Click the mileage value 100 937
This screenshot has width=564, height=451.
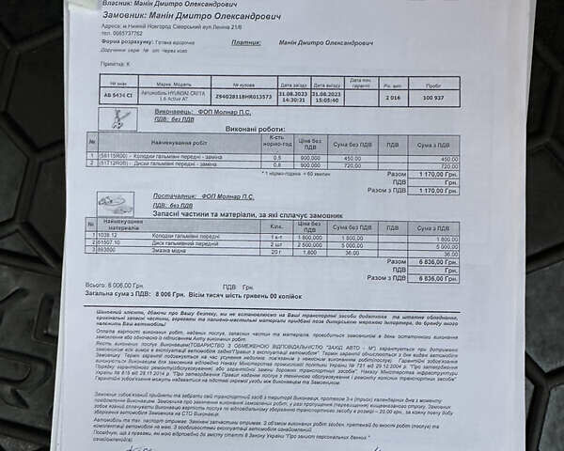pyautogui.click(x=433, y=96)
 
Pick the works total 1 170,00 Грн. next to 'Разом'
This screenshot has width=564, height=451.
pyautogui.click(x=435, y=174)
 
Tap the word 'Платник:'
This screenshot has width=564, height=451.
pyautogui.click(x=247, y=42)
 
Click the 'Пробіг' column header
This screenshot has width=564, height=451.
pyautogui.click(x=433, y=85)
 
